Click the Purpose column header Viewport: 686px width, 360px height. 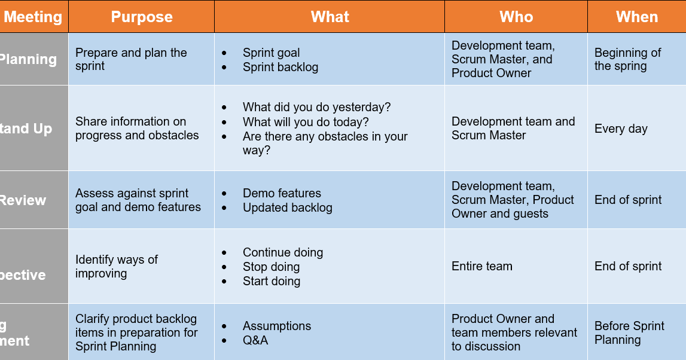coord(142,17)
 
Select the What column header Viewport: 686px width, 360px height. coord(330,17)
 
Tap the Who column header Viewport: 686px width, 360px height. coord(516,17)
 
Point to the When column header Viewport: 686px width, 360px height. coord(636,17)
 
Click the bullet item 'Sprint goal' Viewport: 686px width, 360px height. coord(271,53)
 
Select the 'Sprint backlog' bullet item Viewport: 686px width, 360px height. coord(280,67)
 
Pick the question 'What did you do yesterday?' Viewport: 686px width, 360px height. coord(316,107)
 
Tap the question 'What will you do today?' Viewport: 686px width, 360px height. coord(306,122)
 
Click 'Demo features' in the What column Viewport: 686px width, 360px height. coord(282,193)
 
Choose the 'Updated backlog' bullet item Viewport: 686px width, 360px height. coord(287,208)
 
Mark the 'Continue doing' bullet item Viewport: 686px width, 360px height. coord(282,252)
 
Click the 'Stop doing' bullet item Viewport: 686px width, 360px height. coord(271,267)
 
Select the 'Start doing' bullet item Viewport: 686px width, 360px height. coord(271,281)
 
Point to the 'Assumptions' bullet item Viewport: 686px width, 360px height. coord(276,326)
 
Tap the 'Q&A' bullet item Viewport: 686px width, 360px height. coord(255,340)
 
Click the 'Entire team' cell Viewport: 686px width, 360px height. coord(481,266)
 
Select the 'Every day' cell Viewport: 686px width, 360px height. coord(621,129)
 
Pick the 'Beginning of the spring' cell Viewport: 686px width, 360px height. coord(627,59)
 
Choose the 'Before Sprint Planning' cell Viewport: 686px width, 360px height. coord(629,332)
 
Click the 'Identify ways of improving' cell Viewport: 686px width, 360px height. coord(117,266)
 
